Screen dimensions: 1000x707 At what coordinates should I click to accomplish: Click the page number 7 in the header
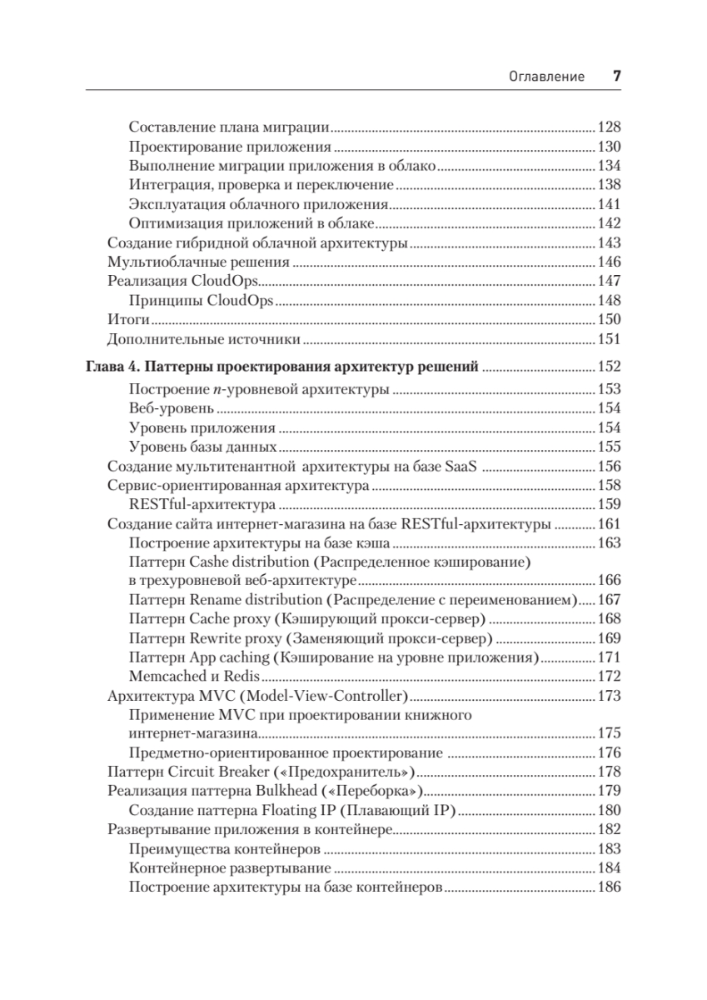(x=617, y=76)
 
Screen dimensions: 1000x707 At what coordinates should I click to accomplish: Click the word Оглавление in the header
(x=546, y=77)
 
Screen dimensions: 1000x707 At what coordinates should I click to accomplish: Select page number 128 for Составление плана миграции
(x=610, y=128)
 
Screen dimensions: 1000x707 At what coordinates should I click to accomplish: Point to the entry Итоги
(x=128, y=320)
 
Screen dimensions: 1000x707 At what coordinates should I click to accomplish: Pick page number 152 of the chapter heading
(x=610, y=366)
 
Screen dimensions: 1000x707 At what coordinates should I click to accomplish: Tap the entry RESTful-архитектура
(x=202, y=505)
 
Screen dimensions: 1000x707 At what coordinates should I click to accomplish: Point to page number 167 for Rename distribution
(x=610, y=600)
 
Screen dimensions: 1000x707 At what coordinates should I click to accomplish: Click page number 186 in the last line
(x=610, y=887)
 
